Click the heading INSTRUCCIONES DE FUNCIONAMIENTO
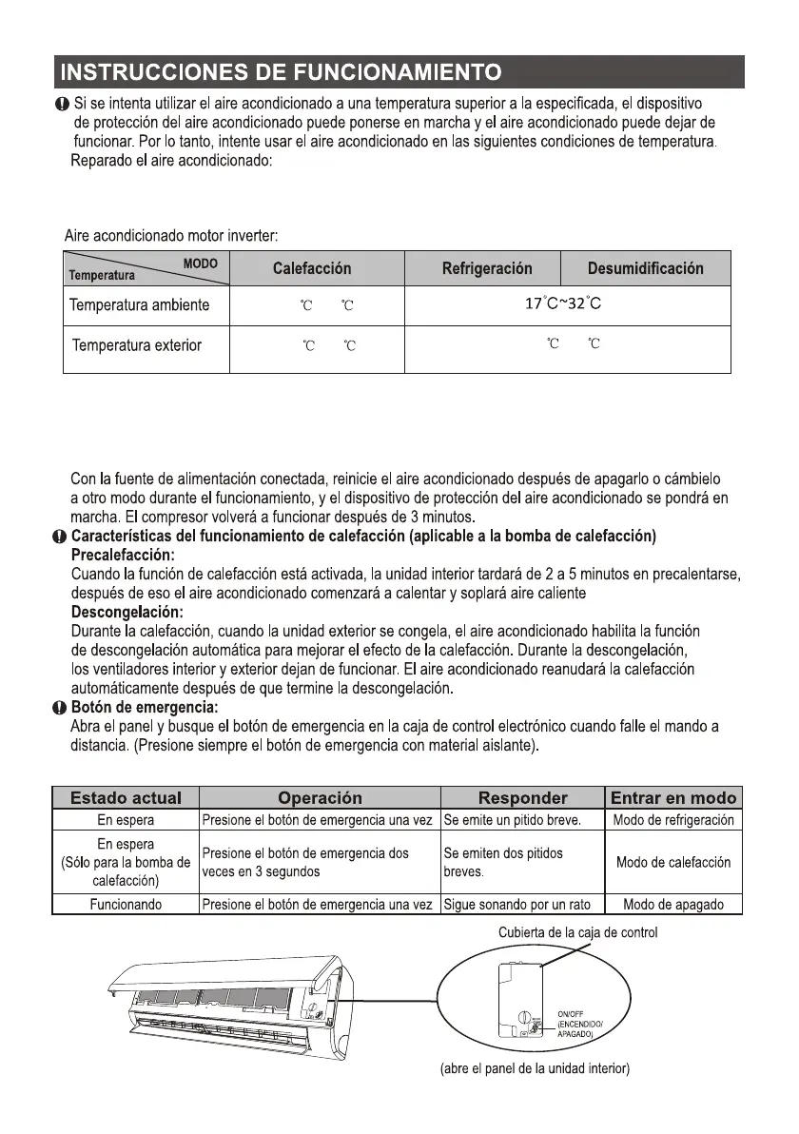click(278, 72)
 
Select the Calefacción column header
click(311, 268)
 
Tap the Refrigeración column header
click(487, 268)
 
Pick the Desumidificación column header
click(645, 268)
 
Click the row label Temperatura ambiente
click(139, 306)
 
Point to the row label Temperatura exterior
click(137, 345)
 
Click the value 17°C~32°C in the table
click(564, 304)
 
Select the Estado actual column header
click(126, 798)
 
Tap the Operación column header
click(320, 798)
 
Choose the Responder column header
click(522, 798)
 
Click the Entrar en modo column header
click(673, 798)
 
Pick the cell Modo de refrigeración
click(673, 820)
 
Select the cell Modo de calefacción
click(673, 862)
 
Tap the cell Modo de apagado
click(673, 905)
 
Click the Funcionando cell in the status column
click(126, 905)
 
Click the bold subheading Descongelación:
click(127, 611)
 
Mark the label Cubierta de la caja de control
click(577, 932)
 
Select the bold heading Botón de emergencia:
click(145, 707)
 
